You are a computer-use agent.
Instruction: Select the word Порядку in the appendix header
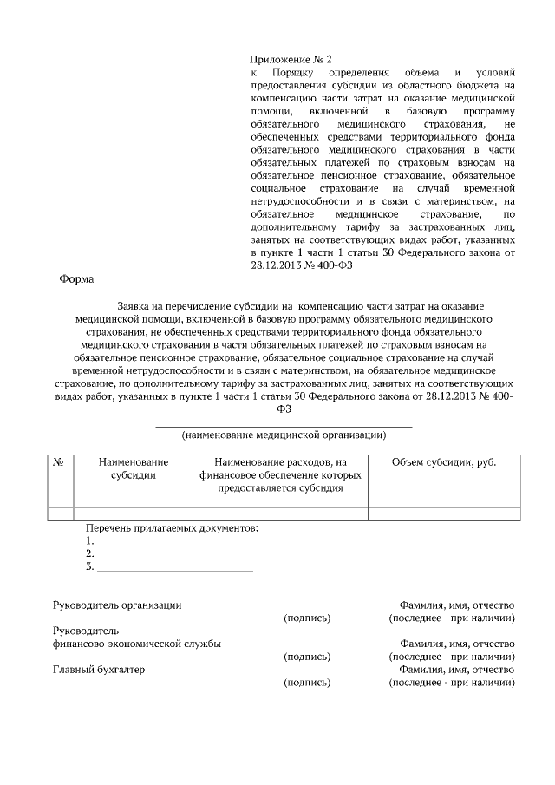293,73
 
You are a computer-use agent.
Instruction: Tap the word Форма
76,279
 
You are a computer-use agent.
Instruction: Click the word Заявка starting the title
134,307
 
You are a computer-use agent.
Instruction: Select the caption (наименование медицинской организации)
284,435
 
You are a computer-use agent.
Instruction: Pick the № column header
60,463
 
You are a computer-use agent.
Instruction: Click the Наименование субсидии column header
133,469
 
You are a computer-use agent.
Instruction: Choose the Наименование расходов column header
280,475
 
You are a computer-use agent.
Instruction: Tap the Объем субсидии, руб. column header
444,463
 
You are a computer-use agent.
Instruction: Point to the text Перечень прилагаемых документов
172,528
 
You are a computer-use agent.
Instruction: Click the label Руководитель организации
117,605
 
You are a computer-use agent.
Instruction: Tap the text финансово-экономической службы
136,644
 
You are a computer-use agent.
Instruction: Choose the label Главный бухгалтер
99,670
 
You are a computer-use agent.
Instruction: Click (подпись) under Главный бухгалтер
307,683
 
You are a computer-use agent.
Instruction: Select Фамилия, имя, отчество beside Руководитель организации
457,605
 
